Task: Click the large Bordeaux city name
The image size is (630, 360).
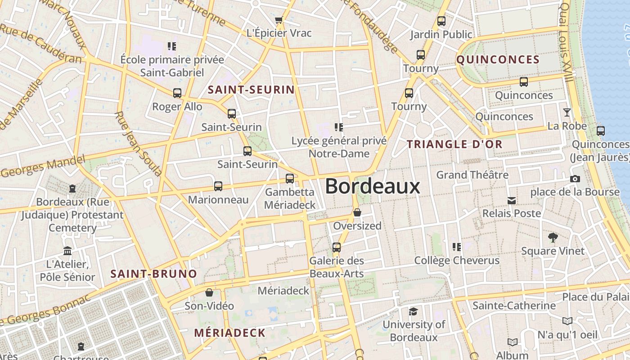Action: pyautogui.click(x=373, y=186)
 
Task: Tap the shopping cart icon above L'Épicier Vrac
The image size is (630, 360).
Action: pyautogui.click(x=279, y=20)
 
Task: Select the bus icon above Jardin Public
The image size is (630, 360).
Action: pyautogui.click(x=441, y=21)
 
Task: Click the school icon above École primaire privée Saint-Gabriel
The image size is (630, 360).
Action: pyautogui.click(x=171, y=46)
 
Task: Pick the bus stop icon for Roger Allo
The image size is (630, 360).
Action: pyautogui.click(x=177, y=93)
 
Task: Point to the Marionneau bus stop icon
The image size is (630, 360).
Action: pyautogui.click(x=218, y=186)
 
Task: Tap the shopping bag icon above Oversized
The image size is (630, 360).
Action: pyautogui.click(x=357, y=212)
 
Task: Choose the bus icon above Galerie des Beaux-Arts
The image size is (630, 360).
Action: pyautogui.click(x=337, y=247)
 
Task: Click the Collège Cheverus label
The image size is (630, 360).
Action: pyautogui.click(x=457, y=261)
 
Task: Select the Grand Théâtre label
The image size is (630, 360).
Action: pyautogui.click(x=472, y=175)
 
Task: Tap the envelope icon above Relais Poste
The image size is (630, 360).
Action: pyautogui.click(x=512, y=200)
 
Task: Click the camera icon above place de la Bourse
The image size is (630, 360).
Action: pyautogui.click(x=575, y=179)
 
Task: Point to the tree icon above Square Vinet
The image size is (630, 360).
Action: pyautogui.click(x=553, y=238)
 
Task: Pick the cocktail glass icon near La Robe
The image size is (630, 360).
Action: pyautogui.click(x=567, y=112)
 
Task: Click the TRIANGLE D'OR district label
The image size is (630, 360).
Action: pyautogui.click(x=454, y=144)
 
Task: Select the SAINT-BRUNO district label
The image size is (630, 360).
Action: pyautogui.click(x=154, y=274)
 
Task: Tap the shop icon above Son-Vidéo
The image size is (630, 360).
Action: pyautogui.click(x=209, y=292)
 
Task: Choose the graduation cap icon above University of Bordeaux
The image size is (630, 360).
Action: pyautogui.click(x=413, y=311)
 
